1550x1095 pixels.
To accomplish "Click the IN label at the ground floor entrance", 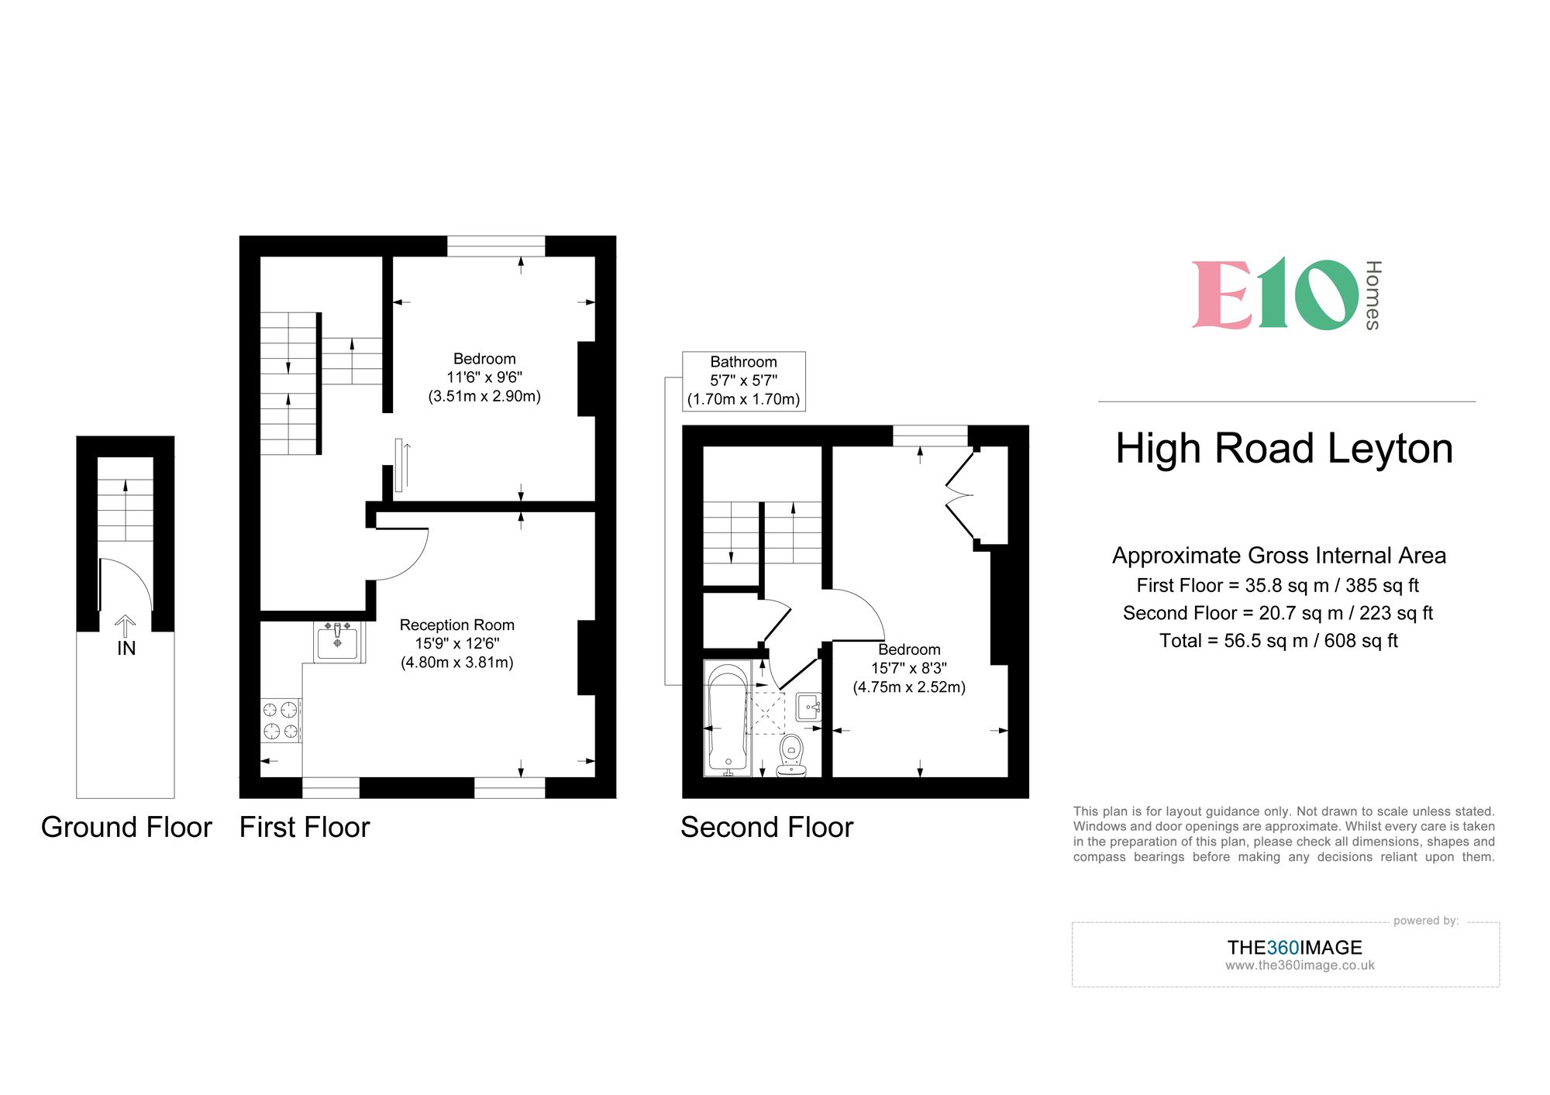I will (x=126, y=648).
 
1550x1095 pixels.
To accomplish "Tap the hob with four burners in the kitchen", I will (x=281, y=720).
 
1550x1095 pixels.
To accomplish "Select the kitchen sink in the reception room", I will (x=338, y=642).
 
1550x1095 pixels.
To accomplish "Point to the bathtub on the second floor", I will (x=728, y=718).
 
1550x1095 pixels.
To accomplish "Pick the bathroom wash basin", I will (x=808, y=707).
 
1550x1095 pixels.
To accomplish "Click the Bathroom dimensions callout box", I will (x=743, y=380).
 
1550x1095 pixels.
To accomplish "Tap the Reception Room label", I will (x=456, y=625).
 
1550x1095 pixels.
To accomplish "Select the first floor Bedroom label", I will (x=484, y=359).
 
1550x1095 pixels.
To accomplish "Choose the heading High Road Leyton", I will (x=1283, y=449).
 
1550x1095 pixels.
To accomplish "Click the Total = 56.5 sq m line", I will (x=1278, y=641).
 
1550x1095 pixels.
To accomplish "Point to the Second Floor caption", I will (x=766, y=828).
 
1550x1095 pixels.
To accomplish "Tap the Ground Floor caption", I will (x=126, y=828).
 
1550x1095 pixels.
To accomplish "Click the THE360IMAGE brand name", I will (x=1294, y=947).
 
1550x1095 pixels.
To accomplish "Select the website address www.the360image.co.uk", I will (x=1300, y=966).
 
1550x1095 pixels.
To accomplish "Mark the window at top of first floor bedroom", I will (x=496, y=246).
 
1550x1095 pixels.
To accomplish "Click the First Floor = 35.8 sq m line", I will (x=1277, y=586).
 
